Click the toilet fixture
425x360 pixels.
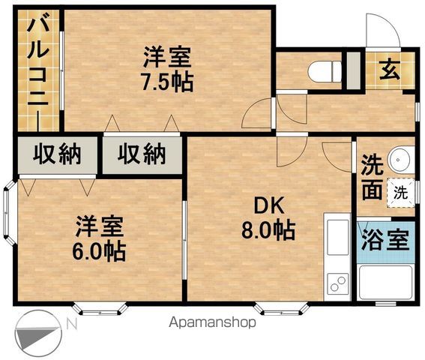(325, 71)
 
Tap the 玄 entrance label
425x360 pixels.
(390, 70)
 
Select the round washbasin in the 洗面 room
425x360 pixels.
(400, 160)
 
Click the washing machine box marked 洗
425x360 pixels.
(400, 193)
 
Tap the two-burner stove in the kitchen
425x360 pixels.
(338, 283)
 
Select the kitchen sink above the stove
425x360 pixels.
(338, 237)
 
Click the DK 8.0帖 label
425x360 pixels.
(268, 220)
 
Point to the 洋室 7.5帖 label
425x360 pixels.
(168, 69)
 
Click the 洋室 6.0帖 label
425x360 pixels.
(99, 238)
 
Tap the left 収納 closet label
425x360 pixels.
(57, 154)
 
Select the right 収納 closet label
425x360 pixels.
(142, 154)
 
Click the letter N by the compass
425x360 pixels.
(72, 324)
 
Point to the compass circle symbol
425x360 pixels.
(39, 334)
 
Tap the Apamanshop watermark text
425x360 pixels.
(213, 322)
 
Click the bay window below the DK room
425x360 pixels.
(282, 309)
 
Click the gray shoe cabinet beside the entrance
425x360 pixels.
(354, 70)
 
